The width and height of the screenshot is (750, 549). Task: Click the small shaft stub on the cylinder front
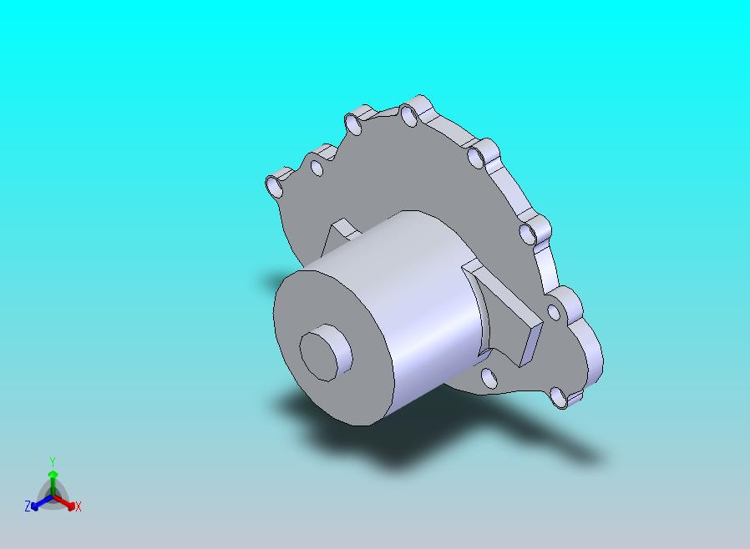325,355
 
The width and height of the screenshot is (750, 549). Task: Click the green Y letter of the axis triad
53,461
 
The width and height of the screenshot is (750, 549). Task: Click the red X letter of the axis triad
78,506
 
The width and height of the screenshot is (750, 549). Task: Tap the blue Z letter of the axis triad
28,506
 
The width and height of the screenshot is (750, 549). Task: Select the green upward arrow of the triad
53,479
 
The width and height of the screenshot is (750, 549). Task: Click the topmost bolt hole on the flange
408,117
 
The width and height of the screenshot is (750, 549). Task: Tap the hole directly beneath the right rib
489,380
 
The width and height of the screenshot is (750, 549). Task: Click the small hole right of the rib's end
553,312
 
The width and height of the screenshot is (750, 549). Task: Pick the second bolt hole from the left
317,169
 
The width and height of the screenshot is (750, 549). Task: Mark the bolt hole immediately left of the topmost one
354,126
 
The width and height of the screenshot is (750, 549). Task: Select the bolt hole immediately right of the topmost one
476,159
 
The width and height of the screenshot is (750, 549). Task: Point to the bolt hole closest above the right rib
529,234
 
